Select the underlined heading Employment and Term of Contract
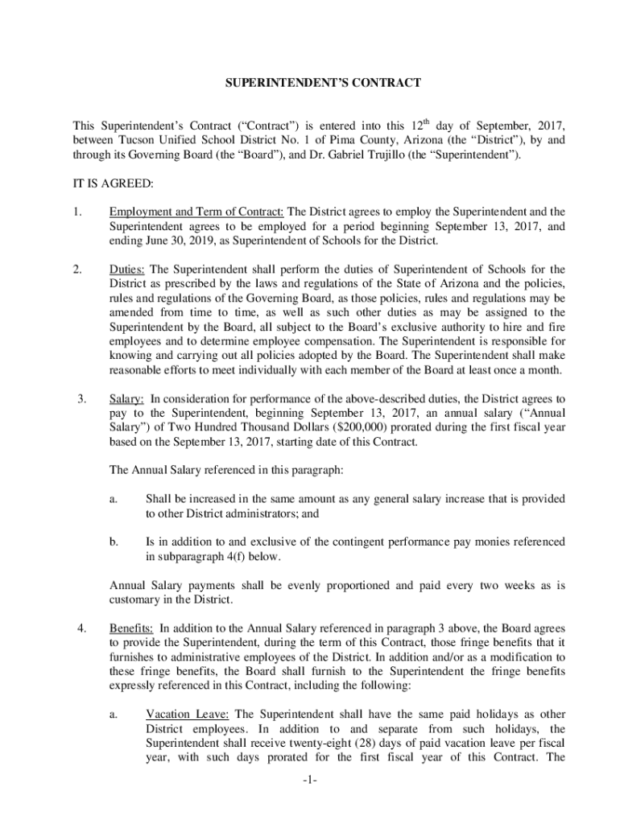point(196,212)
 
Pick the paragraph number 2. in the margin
point(78,269)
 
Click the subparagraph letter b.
point(114,542)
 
